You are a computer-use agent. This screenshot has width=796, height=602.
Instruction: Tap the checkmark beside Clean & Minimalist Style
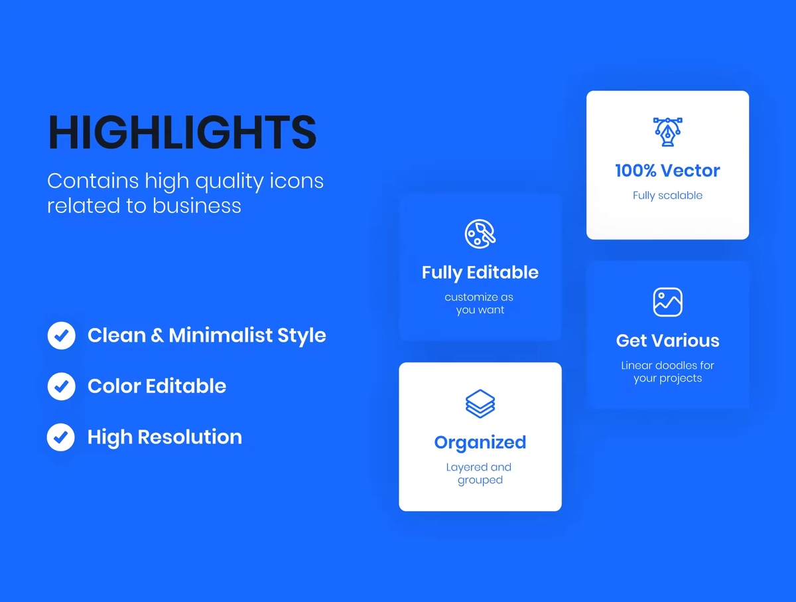pyautogui.click(x=61, y=335)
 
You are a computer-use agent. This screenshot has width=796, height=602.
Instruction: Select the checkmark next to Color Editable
pyautogui.click(x=61, y=386)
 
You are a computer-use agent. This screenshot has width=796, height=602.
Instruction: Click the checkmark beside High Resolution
pyautogui.click(x=61, y=437)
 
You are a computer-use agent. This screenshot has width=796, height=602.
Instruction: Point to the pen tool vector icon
pyautogui.click(x=667, y=132)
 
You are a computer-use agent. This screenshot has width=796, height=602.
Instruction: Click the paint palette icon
pyautogui.click(x=480, y=234)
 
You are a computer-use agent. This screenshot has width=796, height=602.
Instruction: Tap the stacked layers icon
pyautogui.click(x=480, y=404)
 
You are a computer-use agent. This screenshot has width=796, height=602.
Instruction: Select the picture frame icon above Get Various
pyautogui.click(x=667, y=302)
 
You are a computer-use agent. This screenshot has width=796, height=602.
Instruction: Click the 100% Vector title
pyautogui.click(x=667, y=171)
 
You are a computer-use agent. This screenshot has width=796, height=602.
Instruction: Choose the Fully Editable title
pyautogui.click(x=480, y=273)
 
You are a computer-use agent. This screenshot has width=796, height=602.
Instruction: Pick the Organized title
pyautogui.click(x=480, y=443)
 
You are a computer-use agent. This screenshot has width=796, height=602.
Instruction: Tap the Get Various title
pyautogui.click(x=667, y=340)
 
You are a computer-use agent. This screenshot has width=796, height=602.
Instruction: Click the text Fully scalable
pyautogui.click(x=667, y=196)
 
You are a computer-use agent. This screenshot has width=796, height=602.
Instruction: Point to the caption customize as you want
pyautogui.click(x=480, y=303)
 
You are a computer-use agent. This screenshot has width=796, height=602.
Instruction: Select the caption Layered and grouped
pyautogui.click(x=479, y=473)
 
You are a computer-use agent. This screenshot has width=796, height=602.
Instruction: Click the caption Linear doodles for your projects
pyautogui.click(x=667, y=372)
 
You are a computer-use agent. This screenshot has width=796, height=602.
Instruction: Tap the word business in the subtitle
pyautogui.click(x=196, y=206)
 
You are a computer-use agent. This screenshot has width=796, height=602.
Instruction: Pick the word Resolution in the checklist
pyautogui.click(x=190, y=437)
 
